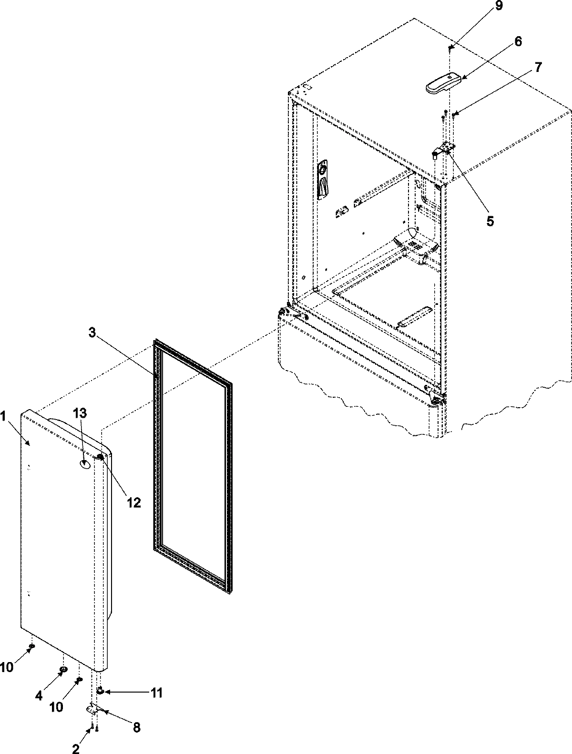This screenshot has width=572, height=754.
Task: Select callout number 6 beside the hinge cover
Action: tap(517, 42)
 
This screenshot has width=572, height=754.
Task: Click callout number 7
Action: tap(537, 67)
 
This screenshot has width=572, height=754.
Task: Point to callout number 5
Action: tap(490, 221)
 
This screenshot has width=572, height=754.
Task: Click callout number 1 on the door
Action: tap(4, 417)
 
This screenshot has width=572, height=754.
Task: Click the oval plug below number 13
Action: tap(85, 463)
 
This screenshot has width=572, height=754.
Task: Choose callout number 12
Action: tap(134, 503)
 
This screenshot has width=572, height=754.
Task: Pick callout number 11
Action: tap(157, 693)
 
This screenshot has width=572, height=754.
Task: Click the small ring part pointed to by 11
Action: tap(101, 691)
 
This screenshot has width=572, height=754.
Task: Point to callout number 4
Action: tap(40, 695)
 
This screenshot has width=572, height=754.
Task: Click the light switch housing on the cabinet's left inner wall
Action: tap(323, 179)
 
